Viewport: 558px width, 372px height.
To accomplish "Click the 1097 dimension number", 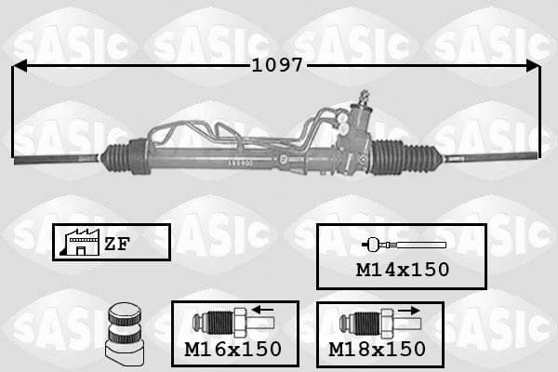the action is (277, 65).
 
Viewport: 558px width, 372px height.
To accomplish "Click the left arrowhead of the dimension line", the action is (19, 66).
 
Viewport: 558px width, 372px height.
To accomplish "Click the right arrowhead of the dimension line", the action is (534, 66).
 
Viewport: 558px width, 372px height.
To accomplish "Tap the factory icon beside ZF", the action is (80, 243).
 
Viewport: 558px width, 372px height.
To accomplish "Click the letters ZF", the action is (117, 244).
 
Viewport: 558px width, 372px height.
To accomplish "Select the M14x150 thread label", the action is (403, 270).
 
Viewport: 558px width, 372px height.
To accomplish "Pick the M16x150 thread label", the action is (233, 349).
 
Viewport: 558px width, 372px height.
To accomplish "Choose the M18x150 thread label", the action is (377, 349).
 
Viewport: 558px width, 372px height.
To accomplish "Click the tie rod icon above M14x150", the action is (404, 245).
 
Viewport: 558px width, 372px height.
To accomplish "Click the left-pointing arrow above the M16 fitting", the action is (262, 310).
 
